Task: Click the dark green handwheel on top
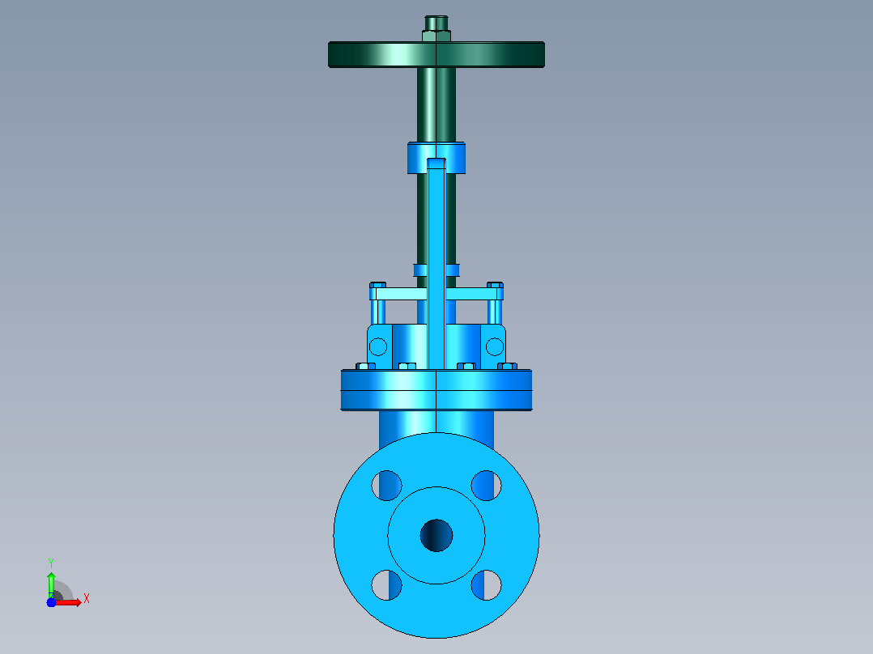click(x=436, y=54)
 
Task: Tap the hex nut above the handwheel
click(x=436, y=36)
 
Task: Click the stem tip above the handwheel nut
click(x=436, y=23)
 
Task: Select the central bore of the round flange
click(x=436, y=536)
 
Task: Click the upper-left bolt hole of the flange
click(x=386, y=486)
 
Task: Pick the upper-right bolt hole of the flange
click(x=486, y=486)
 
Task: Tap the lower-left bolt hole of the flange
click(x=386, y=585)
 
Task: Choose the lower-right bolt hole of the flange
click(x=486, y=585)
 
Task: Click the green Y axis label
click(x=51, y=563)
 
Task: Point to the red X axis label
click(x=87, y=599)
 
